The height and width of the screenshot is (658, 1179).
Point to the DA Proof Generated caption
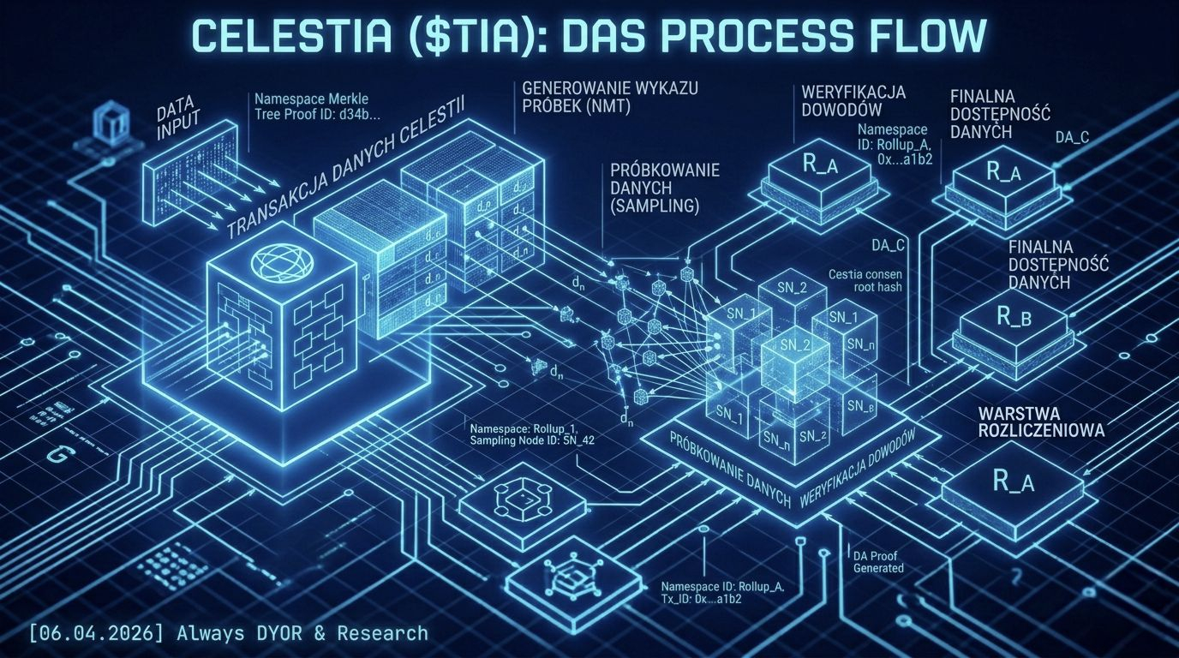(877, 562)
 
